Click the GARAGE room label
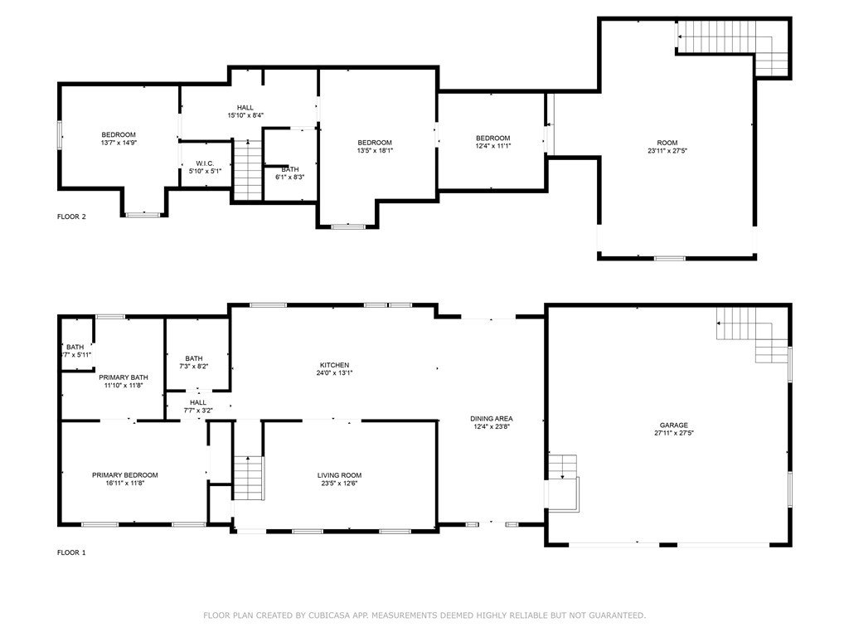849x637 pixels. (x=673, y=425)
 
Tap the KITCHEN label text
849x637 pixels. (x=335, y=365)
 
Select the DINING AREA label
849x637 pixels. (x=491, y=418)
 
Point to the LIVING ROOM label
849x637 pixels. (x=339, y=475)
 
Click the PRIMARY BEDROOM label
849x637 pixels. (x=125, y=475)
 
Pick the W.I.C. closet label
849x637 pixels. (x=206, y=163)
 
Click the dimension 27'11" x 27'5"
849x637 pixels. (x=673, y=433)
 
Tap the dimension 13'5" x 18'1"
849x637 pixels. (x=375, y=151)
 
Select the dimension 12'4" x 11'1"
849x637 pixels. (x=493, y=146)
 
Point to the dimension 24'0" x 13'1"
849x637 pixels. (x=335, y=372)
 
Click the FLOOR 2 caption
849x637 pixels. (x=71, y=216)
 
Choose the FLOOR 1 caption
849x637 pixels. (x=71, y=552)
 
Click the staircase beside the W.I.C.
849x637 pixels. (x=248, y=170)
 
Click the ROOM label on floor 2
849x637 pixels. (x=667, y=143)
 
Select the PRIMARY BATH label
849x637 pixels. (x=124, y=377)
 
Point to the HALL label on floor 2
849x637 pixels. (x=245, y=108)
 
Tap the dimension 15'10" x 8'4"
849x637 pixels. (x=245, y=115)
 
